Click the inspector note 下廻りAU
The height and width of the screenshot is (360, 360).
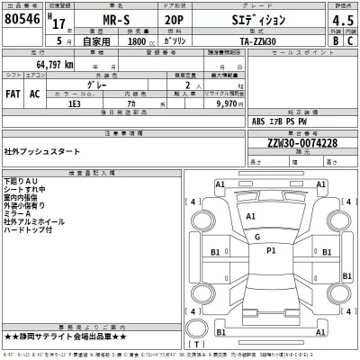(21, 182)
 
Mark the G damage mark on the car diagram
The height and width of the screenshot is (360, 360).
(257, 237)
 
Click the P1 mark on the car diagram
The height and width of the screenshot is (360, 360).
(271, 251)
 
